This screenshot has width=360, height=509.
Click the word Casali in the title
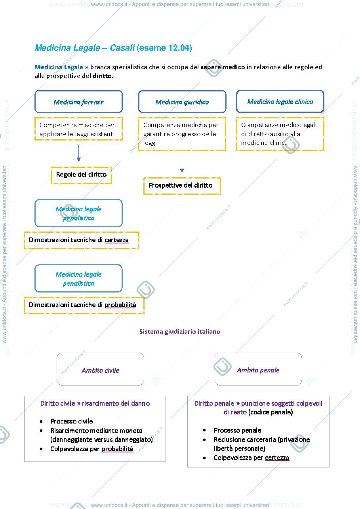[122, 48]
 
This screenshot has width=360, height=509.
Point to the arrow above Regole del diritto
[79, 153]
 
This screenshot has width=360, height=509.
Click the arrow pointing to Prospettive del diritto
[182, 164]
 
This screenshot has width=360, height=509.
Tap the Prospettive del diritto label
[181, 185]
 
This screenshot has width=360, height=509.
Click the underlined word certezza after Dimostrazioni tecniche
[117, 240]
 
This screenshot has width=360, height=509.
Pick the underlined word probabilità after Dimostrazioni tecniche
[120, 305]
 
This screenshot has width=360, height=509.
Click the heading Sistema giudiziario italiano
[180, 332]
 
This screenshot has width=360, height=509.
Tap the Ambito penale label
[258, 370]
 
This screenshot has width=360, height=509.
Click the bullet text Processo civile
[72, 421]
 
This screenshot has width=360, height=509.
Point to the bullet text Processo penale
[237, 430]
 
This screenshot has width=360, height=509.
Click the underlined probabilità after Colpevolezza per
[117, 449]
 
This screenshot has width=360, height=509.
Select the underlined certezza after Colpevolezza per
[277, 458]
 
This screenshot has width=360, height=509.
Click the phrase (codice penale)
[270, 412]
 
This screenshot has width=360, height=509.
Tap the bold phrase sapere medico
[223, 67]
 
